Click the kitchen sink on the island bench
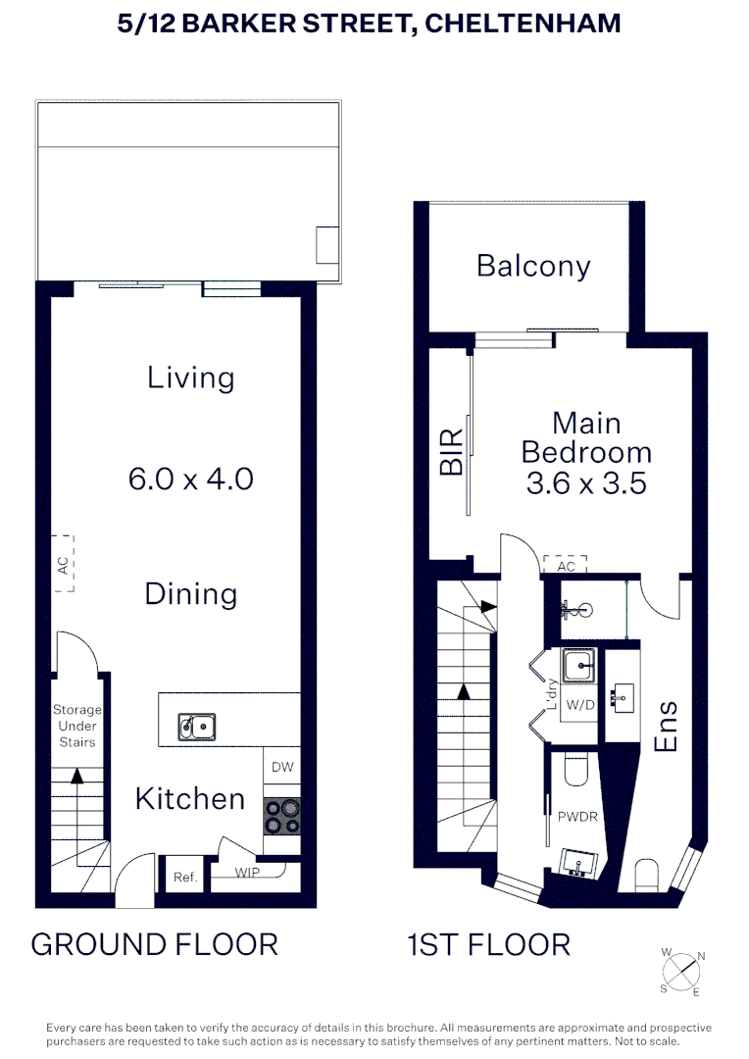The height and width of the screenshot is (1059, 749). (x=196, y=727)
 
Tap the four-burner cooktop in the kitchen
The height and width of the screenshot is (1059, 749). (x=282, y=817)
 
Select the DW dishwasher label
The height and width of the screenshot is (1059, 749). (x=282, y=768)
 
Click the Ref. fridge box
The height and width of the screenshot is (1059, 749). (x=185, y=878)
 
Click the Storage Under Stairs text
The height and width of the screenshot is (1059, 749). (x=76, y=726)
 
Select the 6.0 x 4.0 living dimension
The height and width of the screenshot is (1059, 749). (x=191, y=479)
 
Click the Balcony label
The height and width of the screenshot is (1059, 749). (x=533, y=266)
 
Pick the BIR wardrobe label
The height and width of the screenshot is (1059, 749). (x=450, y=458)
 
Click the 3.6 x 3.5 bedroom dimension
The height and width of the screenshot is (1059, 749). (x=586, y=482)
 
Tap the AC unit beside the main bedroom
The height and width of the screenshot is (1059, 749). (x=565, y=565)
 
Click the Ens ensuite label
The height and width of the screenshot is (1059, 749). (x=666, y=727)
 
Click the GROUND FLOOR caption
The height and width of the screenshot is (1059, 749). (x=155, y=944)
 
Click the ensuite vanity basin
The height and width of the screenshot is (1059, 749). (x=622, y=697)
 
